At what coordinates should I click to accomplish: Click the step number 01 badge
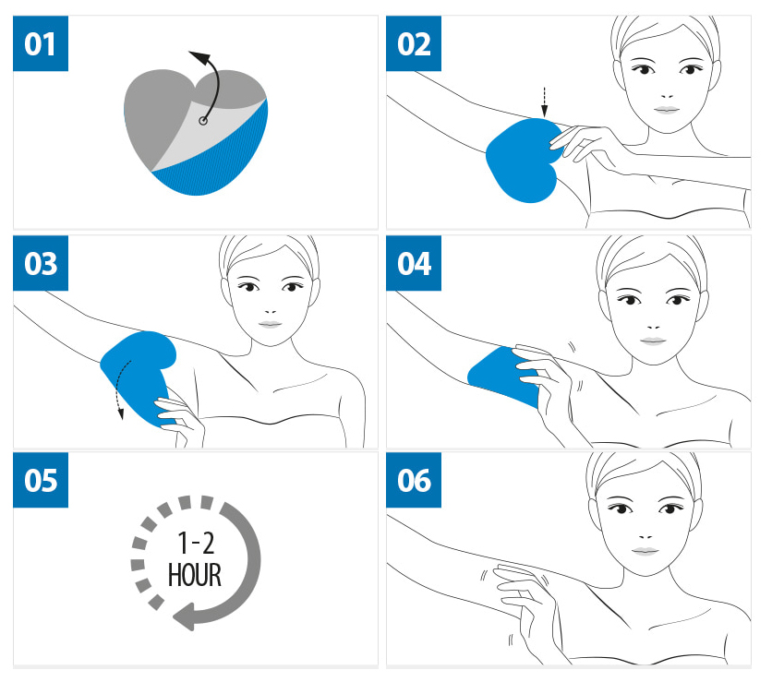pos(41,43)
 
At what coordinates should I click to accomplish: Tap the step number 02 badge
pos(414,43)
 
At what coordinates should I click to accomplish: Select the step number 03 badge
pos(41,263)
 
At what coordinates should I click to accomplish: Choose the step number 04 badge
pos(414,263)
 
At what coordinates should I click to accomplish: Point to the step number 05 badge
pos(41,480)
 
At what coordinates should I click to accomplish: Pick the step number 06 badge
pos(414,480)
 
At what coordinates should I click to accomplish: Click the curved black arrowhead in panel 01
pos(199,57)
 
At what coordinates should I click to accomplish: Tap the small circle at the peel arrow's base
pos(203,121)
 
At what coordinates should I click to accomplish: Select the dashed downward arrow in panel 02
pos(544,102)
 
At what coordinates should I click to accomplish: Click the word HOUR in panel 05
pos(195,575)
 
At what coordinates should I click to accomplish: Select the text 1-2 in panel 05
pos(196,544)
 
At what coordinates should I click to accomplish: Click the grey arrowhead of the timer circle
pos(184,616)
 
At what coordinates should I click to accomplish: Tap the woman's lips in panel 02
pos(667,110)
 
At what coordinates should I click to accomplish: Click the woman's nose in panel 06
pos(645,535)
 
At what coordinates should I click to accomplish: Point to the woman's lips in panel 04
pos(653,341)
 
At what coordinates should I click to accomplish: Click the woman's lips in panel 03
pos(270,324)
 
